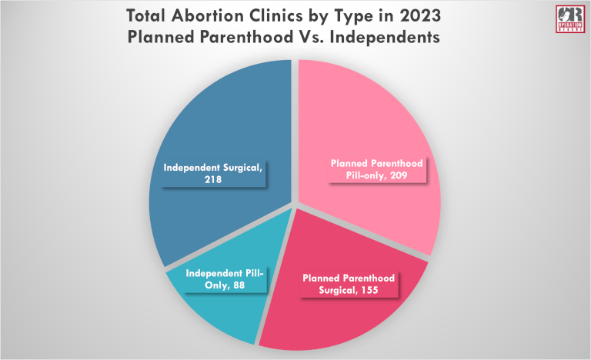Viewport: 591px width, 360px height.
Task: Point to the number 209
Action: [x=393, y=175]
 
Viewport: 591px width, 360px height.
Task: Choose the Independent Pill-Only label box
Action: [x=223, y=279]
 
